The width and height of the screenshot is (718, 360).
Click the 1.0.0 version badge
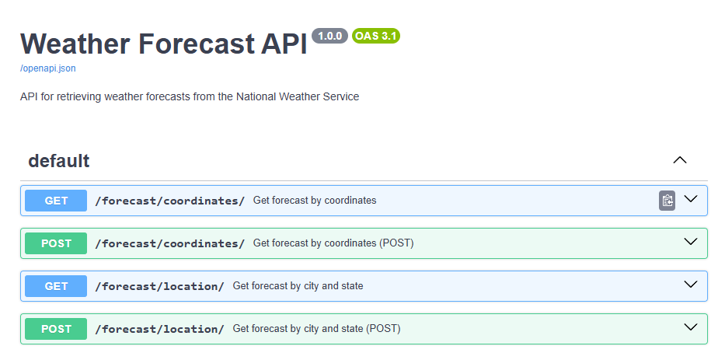329,36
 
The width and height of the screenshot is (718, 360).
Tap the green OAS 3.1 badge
376,36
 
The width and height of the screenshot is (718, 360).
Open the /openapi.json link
48,68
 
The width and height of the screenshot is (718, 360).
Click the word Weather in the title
75,44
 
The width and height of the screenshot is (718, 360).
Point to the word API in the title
284,44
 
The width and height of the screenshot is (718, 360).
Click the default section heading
58,161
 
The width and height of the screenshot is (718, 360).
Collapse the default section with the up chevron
680,160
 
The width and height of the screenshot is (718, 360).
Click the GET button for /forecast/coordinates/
56,201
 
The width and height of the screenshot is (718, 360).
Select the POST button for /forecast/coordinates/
56,243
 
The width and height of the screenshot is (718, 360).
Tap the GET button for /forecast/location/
56,286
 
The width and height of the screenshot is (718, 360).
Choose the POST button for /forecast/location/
56,329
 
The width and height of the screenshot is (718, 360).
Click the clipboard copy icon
667,201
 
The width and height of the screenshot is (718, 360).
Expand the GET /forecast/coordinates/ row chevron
691,199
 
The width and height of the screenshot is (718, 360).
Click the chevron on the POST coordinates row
691,241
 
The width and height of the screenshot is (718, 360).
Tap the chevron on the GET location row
691,285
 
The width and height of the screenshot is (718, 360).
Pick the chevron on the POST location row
691,327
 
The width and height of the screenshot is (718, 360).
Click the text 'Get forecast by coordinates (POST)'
333,243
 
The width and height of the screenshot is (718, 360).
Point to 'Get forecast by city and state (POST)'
316,329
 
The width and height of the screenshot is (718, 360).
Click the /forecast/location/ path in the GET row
159,286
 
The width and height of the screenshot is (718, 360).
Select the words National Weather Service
298,96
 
